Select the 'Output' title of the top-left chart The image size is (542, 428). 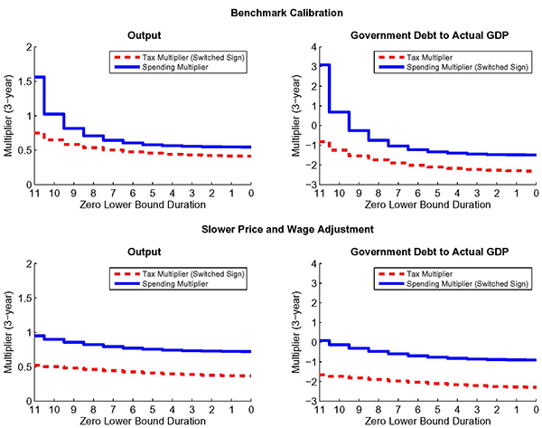144,36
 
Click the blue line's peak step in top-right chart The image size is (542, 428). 322,65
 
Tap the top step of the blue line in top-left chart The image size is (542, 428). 40,77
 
